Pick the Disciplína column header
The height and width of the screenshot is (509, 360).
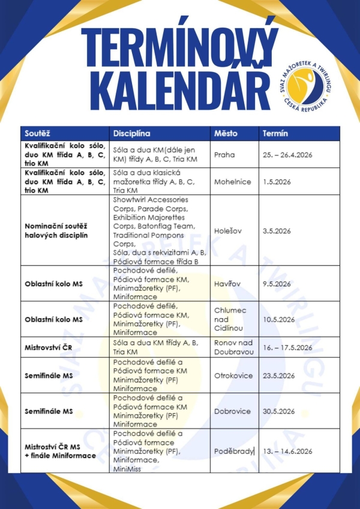(131, 133)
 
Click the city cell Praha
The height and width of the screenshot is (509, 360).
(224, 155)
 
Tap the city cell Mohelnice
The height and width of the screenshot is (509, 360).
(232, 182)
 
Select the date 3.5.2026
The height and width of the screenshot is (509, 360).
(277, 230)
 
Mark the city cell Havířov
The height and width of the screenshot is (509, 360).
(227, 284)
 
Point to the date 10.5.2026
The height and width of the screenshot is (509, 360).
(278, 319)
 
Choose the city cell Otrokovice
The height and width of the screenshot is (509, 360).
(233, 376)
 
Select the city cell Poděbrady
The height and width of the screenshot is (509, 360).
(234, 451)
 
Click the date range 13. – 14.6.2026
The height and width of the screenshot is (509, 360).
(288, 451)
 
